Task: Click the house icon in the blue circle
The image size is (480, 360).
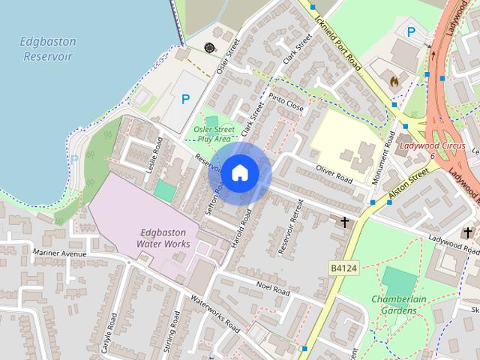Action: (239, 172)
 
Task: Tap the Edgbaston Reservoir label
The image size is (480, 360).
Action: (46, 49)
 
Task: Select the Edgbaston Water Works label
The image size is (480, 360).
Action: (163, 238)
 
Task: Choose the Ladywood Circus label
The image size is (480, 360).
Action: (433, 145)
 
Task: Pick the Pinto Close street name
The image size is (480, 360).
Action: (286, 103)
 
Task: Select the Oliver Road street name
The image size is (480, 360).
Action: (334, 175)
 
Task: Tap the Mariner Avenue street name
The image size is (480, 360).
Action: (61, 253)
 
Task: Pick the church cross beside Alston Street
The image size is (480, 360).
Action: (346, 222)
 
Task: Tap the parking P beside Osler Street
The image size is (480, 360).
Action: (186, 98)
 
